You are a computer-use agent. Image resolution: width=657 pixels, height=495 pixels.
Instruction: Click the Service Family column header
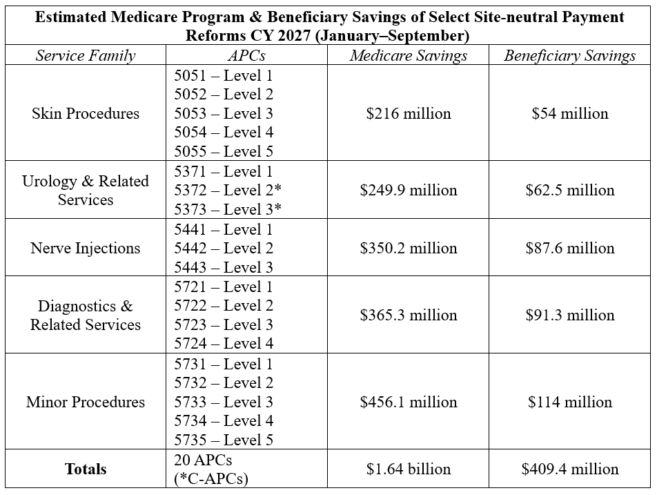86,55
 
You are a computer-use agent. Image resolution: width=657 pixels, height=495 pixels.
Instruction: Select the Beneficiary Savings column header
569,55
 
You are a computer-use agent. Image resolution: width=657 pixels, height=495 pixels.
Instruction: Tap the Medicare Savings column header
408,55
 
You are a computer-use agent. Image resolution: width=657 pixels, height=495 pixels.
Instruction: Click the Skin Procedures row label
86,113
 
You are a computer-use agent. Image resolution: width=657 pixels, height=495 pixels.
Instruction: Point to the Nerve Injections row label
86,248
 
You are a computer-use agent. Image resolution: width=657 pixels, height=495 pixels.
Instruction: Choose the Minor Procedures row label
86,402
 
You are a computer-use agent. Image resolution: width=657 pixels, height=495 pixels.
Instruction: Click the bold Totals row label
86,469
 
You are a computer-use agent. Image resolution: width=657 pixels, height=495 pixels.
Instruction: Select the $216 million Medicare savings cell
408,113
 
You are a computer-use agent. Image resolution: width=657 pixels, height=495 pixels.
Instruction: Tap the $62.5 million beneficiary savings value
570,190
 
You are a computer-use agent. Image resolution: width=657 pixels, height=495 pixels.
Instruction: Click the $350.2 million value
408,248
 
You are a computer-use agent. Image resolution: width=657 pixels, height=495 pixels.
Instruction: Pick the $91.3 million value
570,315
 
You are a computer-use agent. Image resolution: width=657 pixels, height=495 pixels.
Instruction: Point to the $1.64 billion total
408,469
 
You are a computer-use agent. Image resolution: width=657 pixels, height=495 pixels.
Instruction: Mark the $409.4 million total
570,469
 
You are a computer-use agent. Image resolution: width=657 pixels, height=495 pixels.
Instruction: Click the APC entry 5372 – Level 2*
228,190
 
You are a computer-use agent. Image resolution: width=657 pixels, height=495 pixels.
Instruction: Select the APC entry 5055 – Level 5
224,151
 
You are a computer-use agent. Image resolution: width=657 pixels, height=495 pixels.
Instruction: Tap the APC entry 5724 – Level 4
224,343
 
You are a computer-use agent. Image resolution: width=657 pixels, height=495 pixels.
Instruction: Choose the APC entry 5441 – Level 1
224,229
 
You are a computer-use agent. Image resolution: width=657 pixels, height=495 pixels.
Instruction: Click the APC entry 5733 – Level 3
224,402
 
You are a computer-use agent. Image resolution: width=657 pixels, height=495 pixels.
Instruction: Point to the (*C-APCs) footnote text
211,478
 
